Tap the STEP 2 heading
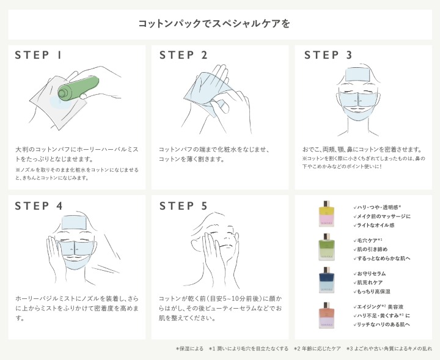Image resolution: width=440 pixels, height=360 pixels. pos(183,55)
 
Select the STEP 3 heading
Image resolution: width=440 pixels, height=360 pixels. pos(328,55)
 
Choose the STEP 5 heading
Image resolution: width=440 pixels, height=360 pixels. pos(183,206)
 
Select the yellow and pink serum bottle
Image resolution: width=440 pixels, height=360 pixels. pos(326,216)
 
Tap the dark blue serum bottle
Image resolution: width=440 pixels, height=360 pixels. pos(326,281)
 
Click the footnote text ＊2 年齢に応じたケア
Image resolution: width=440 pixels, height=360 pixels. pos(317,348)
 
